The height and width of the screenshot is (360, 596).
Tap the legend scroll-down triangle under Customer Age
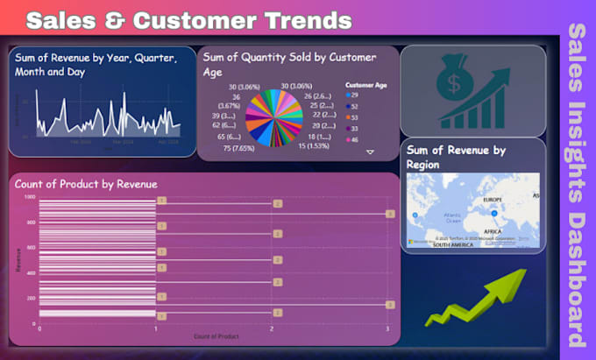click(370, 152)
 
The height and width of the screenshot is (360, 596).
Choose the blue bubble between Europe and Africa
click(494, 213)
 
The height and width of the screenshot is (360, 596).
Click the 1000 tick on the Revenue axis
click(30, 197)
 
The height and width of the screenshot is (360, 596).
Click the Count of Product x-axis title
click(215, 336)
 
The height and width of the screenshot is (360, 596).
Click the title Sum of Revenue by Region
click(457, 157)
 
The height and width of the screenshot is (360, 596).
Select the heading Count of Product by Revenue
click(87, 184)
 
